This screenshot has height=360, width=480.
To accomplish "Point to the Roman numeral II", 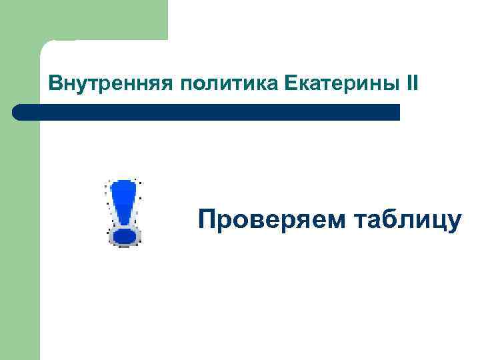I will [412, 84].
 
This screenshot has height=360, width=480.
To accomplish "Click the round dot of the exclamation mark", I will [124, 235].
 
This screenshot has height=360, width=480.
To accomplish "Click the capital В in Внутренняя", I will [55, 84].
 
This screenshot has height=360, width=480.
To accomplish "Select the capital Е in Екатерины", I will [290, 84].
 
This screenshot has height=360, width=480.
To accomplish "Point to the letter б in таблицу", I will [393, 219].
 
